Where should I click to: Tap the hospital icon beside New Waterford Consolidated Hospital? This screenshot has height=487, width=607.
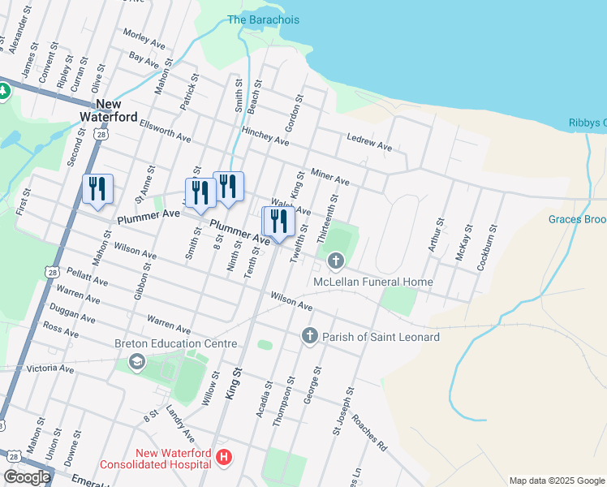225,459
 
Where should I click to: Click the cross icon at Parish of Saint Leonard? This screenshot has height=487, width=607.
309,335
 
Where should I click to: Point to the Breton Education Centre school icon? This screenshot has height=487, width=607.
136,361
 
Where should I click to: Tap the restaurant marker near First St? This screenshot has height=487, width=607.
97,189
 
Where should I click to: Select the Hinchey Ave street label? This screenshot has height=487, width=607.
265,136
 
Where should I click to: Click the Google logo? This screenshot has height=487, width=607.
26,477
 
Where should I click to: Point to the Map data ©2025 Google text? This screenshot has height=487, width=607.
556,481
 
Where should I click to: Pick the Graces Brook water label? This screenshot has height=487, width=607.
577,219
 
